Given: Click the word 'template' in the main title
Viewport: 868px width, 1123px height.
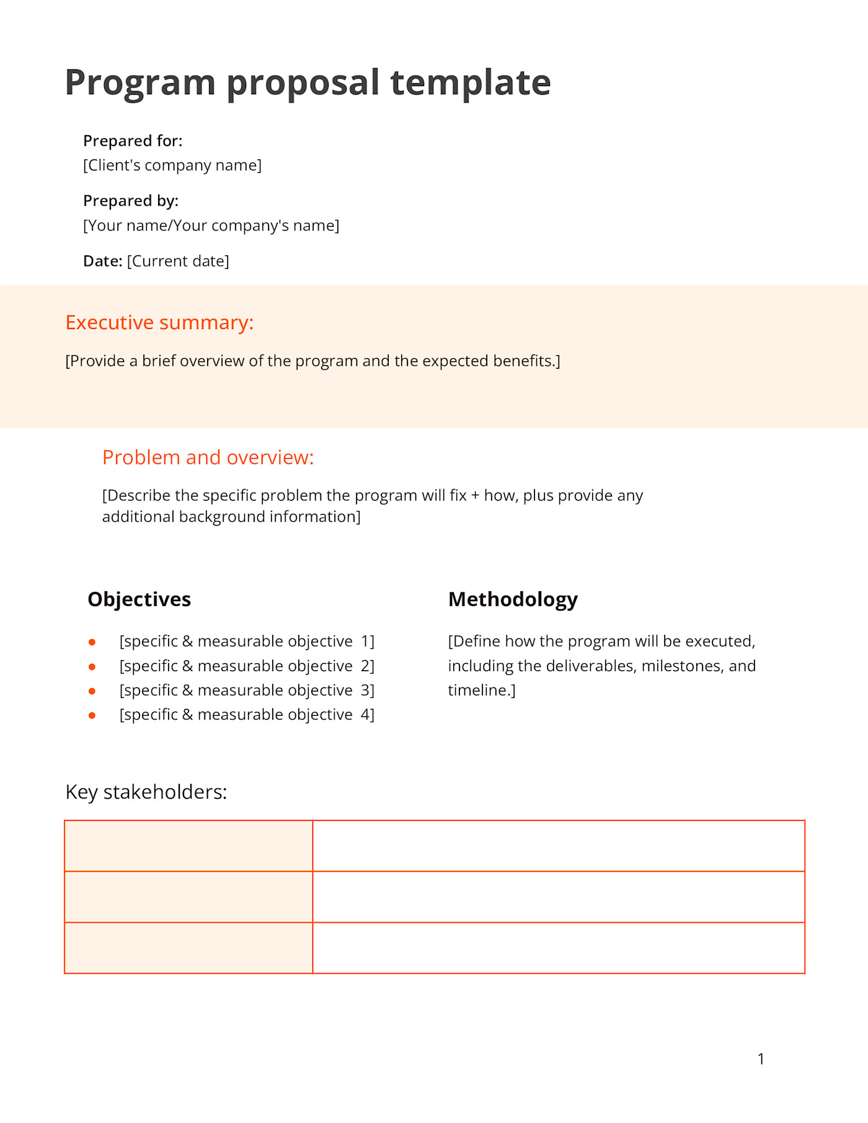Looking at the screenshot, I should coord(470,82).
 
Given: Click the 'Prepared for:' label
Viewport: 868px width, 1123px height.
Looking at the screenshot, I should coord(133,141).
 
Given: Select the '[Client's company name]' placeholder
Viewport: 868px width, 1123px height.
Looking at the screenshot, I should coord(172,165).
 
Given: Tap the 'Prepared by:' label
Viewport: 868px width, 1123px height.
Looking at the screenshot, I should coord(131,201).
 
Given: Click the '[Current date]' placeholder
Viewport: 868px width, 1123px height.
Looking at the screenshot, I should coord(178,262).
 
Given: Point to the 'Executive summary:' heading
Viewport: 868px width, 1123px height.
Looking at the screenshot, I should coord(159,323).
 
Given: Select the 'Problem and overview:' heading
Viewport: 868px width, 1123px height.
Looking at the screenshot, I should coord(208,457).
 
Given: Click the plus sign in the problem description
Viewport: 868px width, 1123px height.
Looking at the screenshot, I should coord(475,496).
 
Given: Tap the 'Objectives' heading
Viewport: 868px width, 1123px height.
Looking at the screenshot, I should coord(139,599).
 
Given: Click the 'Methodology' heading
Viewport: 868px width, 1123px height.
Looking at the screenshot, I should coord(513,599).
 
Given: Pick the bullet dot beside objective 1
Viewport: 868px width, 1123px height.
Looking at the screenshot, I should coord(92,642).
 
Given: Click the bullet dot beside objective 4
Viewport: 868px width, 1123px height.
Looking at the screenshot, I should coord(92,715).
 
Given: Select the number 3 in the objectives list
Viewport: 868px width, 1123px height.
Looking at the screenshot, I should coord(365,690).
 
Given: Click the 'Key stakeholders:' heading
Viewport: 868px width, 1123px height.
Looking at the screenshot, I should coord(146,792).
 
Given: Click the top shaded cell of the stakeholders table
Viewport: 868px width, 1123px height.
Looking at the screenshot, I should coord(188,846).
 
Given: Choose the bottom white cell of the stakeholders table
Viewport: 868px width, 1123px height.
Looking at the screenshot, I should coord(558,948).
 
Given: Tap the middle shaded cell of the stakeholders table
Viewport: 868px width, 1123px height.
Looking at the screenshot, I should coord(188,897).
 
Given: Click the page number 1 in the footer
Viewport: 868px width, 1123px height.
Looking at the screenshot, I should coord(761,1059).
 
